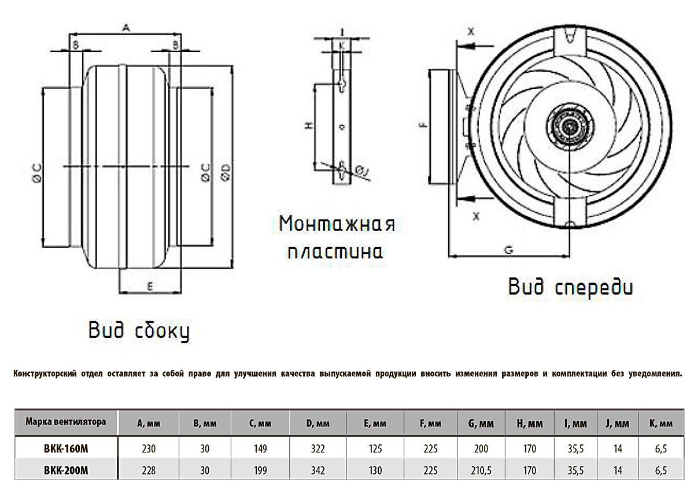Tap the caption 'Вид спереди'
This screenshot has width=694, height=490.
click(571, 287)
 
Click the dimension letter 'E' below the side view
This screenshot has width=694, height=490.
click(150, 285)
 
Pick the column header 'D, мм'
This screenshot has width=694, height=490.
click(318, 424)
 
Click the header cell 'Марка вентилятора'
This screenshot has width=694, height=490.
click(66, 422)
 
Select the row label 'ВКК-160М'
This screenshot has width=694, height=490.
click(66, 448)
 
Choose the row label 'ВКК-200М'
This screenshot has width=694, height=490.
click(66, 471)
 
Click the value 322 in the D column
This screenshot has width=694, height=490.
click(318, 448)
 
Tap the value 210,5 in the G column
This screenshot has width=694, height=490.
click(481, 471)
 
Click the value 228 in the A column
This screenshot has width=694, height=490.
click(148, 471)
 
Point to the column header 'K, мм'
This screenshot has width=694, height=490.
click(661, 424)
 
